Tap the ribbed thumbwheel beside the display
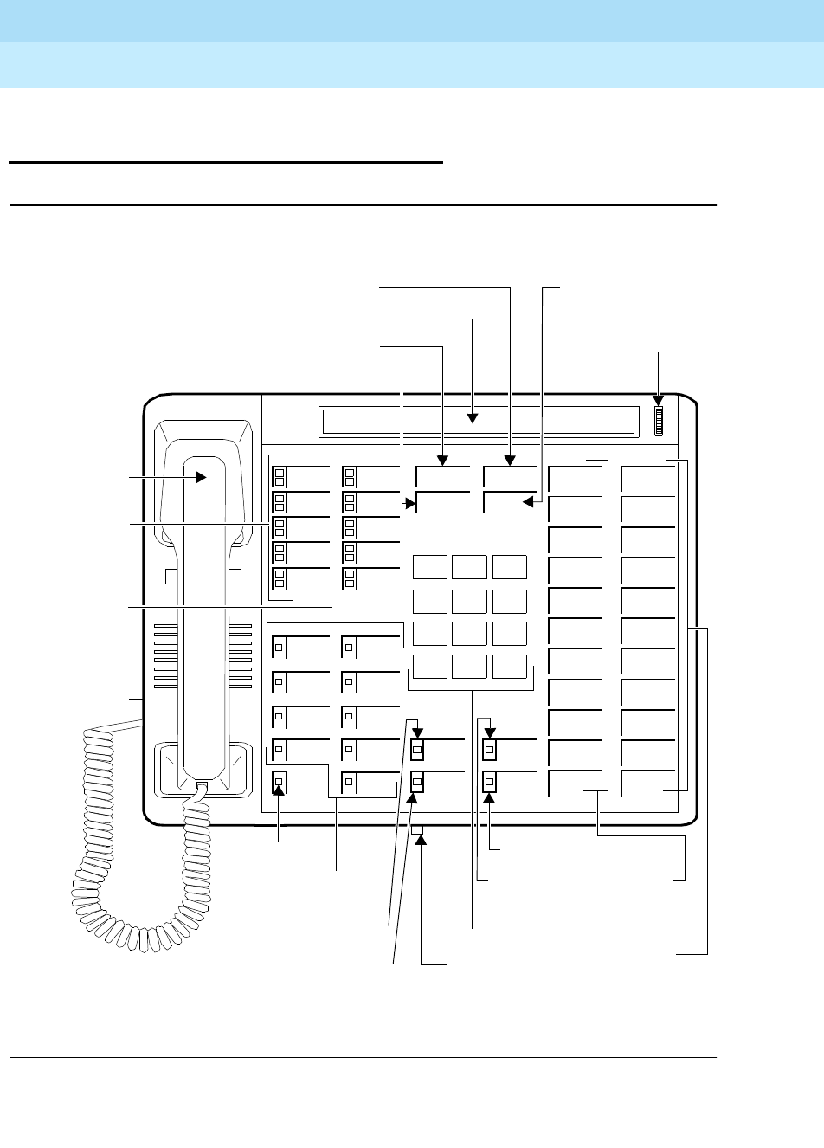click(658, 422)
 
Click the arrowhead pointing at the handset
click(200, 476)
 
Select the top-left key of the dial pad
click(430, 567)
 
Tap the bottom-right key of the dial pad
click(510, 666)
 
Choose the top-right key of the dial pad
click(510, 567)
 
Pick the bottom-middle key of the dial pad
click(470, 666)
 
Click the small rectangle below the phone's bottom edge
click(419, 832)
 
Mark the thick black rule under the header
click(225, 162)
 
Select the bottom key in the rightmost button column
click(649, 783)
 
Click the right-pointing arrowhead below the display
click(411, 501)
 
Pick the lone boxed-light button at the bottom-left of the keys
click(279, 783)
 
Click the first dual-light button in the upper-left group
click(279, 475)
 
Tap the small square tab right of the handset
click(234, 577)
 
